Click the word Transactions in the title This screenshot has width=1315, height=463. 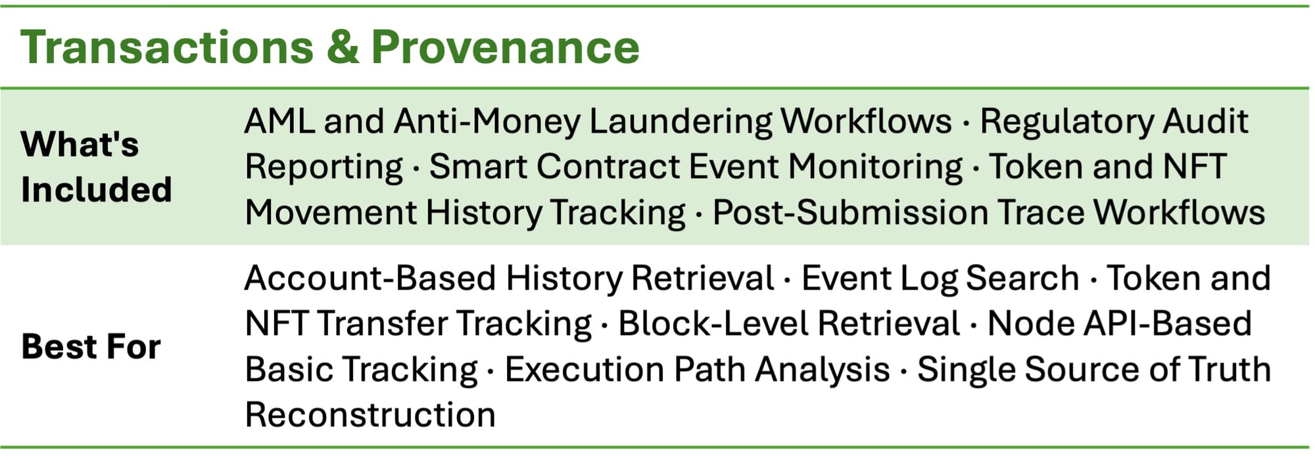[168, 47]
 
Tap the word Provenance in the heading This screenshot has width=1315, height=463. [505, 47]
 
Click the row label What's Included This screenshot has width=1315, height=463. [96, 167]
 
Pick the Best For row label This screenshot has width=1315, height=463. [91, 346]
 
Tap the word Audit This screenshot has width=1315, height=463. [1206, 121]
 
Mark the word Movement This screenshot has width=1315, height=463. [329, 213]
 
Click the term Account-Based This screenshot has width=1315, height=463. [370, 278]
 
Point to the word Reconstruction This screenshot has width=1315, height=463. [370, 415]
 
